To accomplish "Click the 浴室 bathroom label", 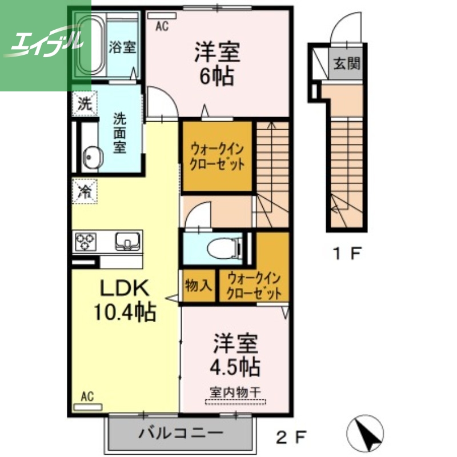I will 122,47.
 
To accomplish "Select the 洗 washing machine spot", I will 84,104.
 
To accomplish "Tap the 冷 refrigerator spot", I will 84,191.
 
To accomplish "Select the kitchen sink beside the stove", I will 126,241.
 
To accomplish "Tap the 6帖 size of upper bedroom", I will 217,75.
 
